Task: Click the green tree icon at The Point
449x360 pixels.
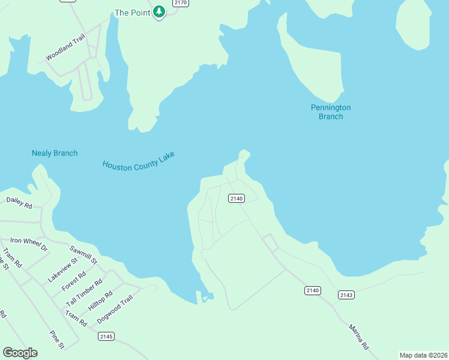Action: pyautogui.click(x=158, y=11)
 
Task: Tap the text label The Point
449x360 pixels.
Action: pyautogui.click(x=130, y=12)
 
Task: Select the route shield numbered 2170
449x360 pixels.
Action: pyautogui.click(x=180, y=3)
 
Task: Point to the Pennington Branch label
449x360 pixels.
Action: pyautogui.click(x=330, y=112)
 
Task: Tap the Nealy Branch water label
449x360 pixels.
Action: pyautogui.click(x=55, y=153)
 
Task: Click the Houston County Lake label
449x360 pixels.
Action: pyautogui.click(x=138, y=160)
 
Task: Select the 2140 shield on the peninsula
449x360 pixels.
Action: pyautogui.click(x=237, y=198)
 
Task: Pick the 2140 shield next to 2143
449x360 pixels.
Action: pyautogui.click(x=313, y=290)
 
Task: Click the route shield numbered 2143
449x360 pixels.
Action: pyautogui.click(x=346, y=295)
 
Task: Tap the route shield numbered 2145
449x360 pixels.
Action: pyautogui.click(x=106, y=336)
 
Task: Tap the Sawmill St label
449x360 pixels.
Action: pyautogui.click(x=83, y=255)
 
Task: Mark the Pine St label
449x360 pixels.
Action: pyautogui.click(x=57, y=339)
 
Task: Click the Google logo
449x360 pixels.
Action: pyautogui.click(x=20, y=353)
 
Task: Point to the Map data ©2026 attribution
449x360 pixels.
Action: pyautogui.click(x=423, y=355)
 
